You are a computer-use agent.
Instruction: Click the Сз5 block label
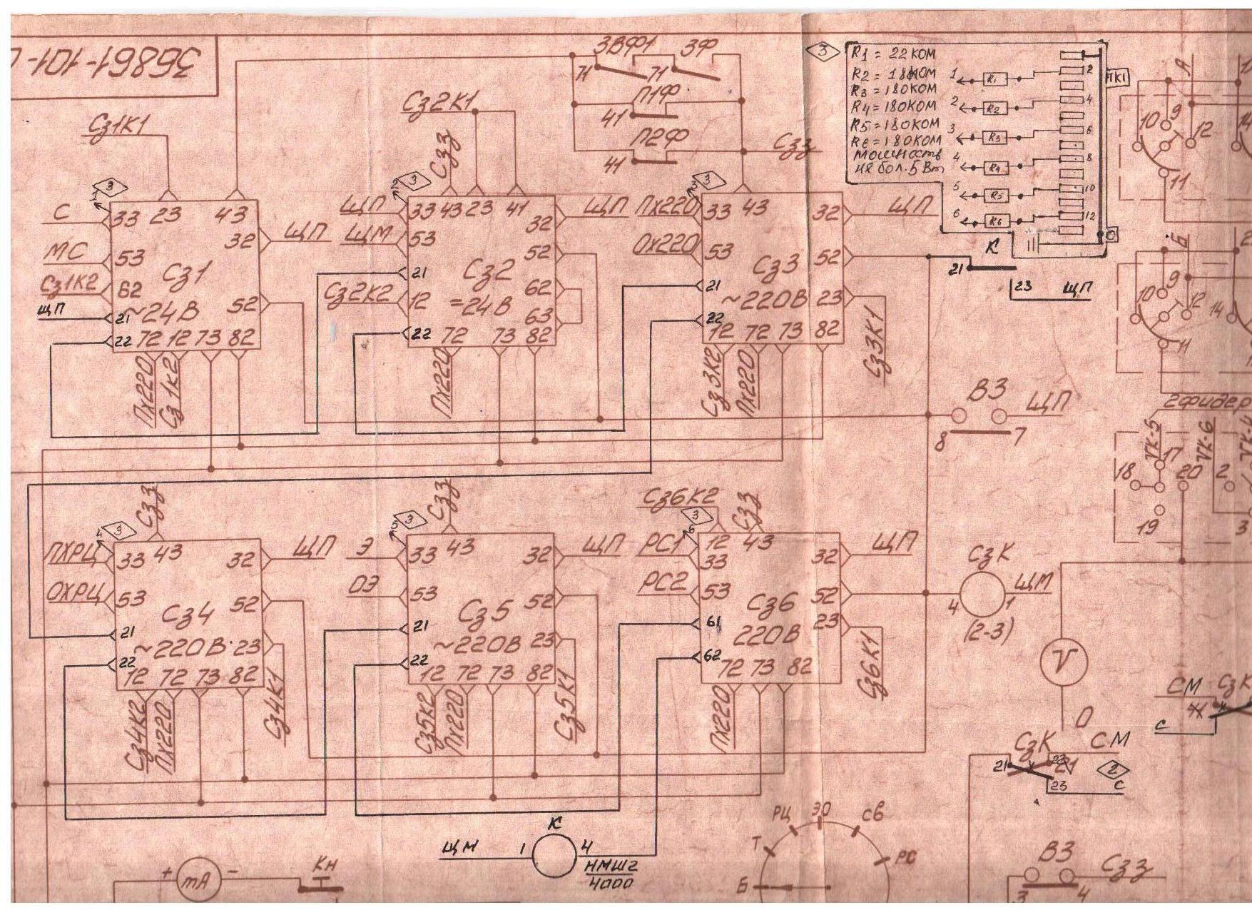point(488,612)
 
